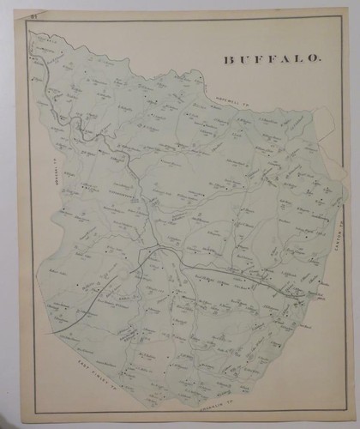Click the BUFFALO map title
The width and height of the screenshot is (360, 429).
point(273,59)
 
